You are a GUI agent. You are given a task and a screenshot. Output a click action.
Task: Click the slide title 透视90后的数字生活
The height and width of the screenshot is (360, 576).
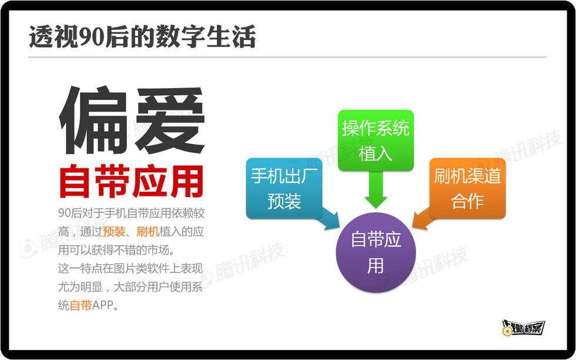142,37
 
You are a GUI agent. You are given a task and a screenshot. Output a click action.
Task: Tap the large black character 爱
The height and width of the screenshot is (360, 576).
170,120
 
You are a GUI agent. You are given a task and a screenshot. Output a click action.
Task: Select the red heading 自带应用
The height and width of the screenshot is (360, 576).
131,182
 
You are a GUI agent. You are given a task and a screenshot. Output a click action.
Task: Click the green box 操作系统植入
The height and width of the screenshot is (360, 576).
376,140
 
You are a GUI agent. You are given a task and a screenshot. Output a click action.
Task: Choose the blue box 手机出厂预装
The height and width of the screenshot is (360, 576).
284,188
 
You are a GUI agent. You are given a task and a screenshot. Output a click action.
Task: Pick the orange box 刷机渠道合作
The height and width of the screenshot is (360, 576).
467,188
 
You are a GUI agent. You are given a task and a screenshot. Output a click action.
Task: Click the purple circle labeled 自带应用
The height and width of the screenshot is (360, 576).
376,252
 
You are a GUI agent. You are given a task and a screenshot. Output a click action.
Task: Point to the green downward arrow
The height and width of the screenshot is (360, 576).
376,190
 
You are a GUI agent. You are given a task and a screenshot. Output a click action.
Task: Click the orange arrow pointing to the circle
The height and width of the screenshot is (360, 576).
423,219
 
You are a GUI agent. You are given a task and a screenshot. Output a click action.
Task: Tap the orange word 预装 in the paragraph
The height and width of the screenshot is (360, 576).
114,232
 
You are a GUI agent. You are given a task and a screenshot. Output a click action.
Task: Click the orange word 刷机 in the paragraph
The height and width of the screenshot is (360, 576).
148,232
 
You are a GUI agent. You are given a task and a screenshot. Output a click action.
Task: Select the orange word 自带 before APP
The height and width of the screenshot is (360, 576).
81,305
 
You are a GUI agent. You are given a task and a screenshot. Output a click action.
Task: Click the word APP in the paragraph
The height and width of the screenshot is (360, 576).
103,305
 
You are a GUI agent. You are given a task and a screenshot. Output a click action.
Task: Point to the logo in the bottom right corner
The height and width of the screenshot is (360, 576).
523,328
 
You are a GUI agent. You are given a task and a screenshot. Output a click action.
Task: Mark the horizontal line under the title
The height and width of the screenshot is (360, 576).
287,58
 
